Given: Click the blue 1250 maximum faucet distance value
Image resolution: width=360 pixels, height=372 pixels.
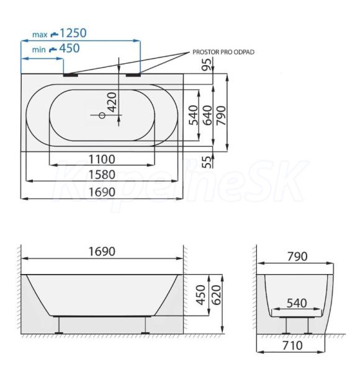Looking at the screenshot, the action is [73, 33].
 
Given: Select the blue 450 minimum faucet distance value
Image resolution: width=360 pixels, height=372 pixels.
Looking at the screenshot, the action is [70, 48].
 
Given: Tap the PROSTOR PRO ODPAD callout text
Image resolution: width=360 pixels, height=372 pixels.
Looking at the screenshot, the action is [223, 52].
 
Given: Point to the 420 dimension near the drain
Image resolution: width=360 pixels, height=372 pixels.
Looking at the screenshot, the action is [112, 102].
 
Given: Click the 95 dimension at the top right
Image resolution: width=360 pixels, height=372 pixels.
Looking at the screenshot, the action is [207, 64].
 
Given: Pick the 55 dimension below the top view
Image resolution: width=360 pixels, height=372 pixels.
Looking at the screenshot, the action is [207, 162].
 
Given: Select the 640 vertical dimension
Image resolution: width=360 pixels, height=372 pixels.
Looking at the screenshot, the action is [207, 115].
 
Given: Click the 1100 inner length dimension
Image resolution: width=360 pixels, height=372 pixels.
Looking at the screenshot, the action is [102, 159].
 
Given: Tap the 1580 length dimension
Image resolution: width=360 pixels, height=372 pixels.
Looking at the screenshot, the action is [102, 175].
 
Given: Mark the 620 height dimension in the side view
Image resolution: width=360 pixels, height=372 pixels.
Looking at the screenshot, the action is [216, 295].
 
